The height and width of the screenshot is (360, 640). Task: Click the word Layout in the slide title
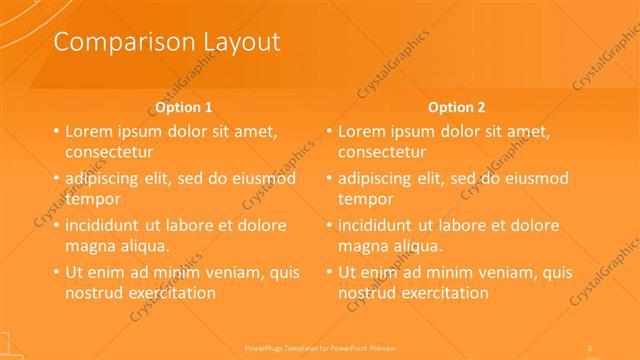[233, 41]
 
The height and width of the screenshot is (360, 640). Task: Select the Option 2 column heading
[457, 107]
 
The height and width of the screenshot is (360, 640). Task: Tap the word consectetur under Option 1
[109, 152]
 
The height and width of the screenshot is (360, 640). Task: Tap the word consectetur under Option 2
[382, 152]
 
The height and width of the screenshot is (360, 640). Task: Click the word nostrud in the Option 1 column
[95, 293]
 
